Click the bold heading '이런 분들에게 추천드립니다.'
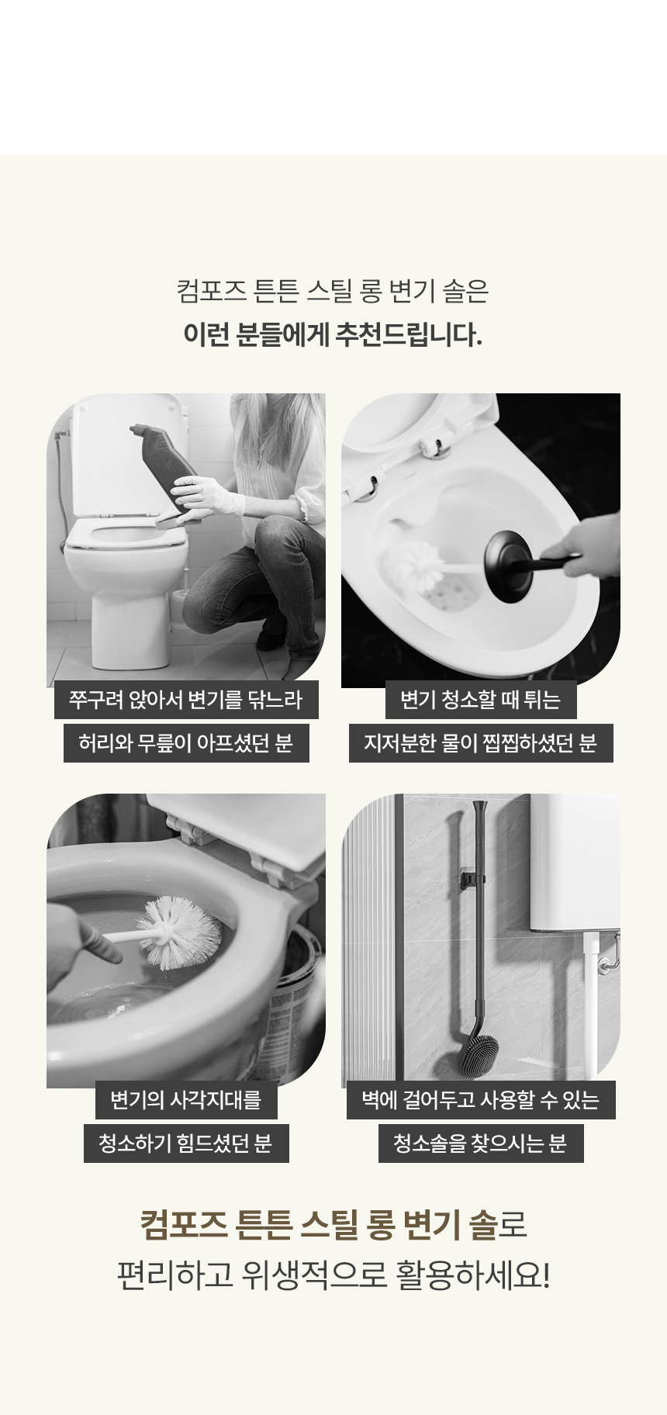(x=333, y=335)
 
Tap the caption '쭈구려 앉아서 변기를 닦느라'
(x=185, y=700)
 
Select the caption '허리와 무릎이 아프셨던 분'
(x=185, y=743)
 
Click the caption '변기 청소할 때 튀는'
(x=480, y=700)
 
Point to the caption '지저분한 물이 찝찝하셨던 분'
(x=480, y=743)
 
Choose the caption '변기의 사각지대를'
(x=185, y=1099)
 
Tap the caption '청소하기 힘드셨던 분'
(x=185, y=1143)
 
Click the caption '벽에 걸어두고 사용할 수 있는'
(x=480, y=1099)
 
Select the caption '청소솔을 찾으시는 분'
(x=480, y=1143)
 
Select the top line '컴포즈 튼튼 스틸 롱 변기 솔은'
(x=333, y=292)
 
